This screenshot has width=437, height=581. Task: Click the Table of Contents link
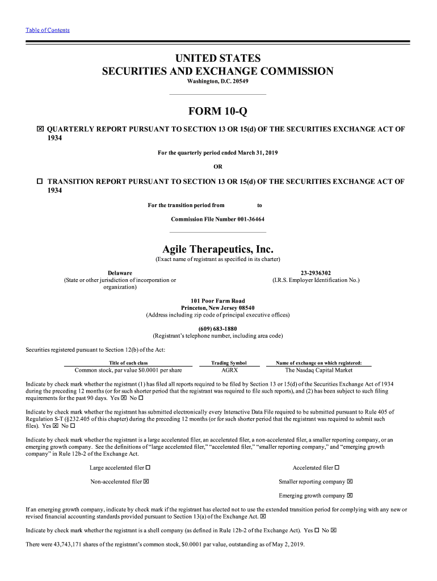(x=48, y=30)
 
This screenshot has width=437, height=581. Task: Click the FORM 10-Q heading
(x=218, y=111)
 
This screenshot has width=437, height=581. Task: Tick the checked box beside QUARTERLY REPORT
(x=40, y=129)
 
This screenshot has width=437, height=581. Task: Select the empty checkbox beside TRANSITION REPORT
(x=40, y=182)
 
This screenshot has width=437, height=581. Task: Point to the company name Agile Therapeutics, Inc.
(x=218, y=249)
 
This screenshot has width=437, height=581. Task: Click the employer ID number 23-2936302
(x=316, y=273)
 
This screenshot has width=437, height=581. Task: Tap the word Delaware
(x=120, y=273)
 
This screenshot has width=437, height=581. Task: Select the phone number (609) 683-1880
(x=218, y=329)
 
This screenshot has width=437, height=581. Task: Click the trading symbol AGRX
(x=229, y=370)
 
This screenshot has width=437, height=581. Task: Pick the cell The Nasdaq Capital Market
(x=318, y=370)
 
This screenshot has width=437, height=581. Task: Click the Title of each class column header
(x=128, y=363)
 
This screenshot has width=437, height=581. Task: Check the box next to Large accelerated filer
(x=148, y=468)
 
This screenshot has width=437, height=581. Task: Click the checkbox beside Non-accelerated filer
(x=146, y=482)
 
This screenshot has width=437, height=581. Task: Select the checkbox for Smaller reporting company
(x=350, y=482)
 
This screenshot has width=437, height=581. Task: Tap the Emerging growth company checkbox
(x=350, y=495)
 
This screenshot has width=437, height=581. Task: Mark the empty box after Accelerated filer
(x=337, y=468)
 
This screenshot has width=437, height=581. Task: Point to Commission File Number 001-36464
(x=218, y=219)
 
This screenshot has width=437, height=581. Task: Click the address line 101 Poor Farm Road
(x=218, y=301)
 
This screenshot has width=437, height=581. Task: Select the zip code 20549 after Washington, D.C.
(x=240, y=82)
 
